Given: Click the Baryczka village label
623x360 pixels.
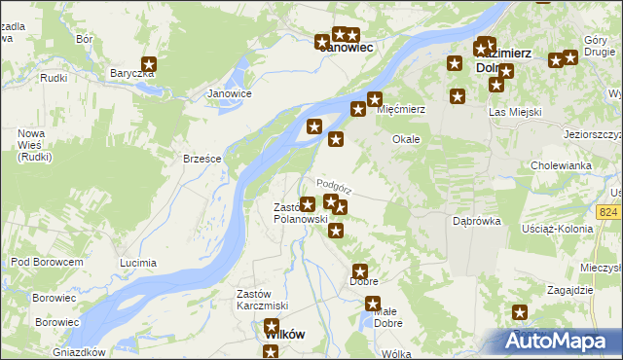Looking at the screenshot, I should pos(132,73).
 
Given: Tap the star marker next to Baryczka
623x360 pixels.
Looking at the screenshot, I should pos(149,65).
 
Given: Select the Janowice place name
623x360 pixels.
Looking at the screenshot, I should pos(231,93).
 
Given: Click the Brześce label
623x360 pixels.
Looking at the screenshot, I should pos(203,159).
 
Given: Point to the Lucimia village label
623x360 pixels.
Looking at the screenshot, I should pos(137,263).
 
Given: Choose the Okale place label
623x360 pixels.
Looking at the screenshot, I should pos(406,139).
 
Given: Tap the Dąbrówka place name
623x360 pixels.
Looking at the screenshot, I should pos(477,221).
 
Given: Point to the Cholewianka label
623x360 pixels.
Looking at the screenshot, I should pos(562,165).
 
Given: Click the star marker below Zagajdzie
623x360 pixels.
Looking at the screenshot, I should pos(520,312).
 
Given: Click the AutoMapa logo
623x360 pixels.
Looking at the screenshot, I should pos(560,342).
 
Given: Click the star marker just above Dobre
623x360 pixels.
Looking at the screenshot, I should pos(359,271).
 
